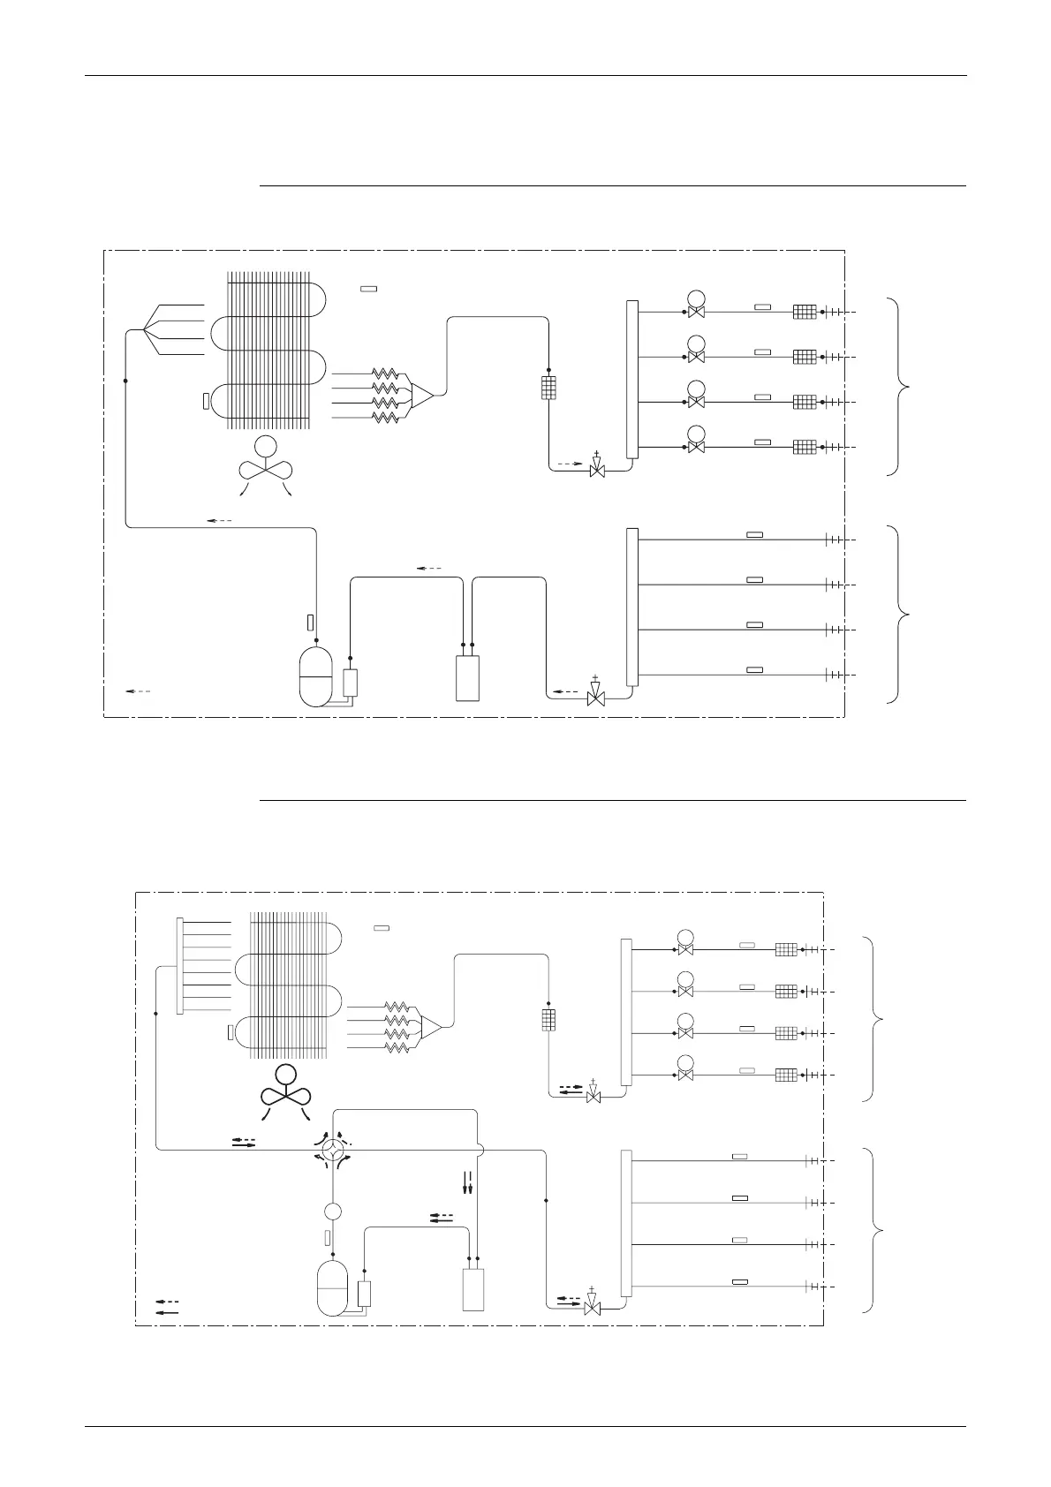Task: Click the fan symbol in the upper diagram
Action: click(265, 466)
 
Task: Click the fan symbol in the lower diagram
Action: click(285, 1092)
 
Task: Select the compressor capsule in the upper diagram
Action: click(315, 676)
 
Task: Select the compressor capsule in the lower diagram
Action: click(334, 1288)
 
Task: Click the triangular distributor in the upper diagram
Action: click(422, 395)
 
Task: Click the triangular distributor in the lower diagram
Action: click(432, 1026)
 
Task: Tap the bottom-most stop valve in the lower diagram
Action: click(593, 1305)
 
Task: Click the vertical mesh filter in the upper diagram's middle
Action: click(548, 388)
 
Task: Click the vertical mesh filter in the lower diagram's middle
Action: click(548, 1019)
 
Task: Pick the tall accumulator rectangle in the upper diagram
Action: click(467, 678)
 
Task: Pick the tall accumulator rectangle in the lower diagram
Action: click(473, 1289)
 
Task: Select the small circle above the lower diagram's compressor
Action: click(333, 1211)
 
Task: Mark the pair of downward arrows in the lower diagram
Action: click(468, 1182)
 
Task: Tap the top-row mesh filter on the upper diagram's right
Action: click(804, 312)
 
